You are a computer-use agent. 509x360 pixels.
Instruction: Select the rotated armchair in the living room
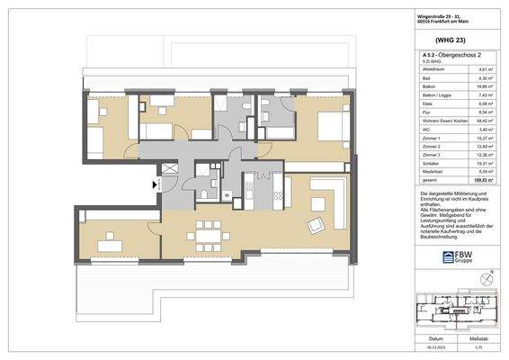(317, 223)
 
